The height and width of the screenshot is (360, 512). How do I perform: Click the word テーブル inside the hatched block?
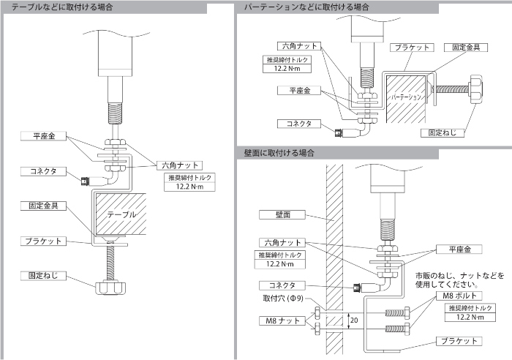121,215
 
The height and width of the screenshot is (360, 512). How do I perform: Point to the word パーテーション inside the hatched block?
407,97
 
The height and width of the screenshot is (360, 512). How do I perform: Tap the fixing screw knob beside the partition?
476,87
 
